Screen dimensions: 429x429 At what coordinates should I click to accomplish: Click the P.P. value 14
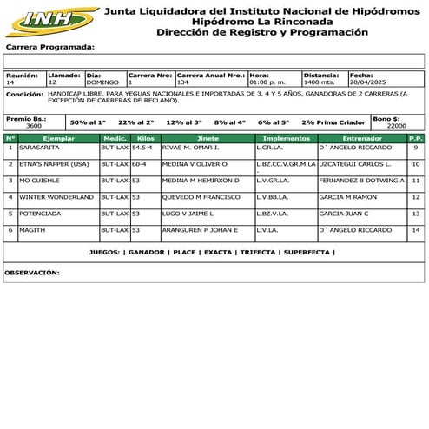[415, 230]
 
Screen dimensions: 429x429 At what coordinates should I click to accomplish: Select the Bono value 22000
[396, 126]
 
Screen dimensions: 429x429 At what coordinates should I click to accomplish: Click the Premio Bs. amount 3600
[33, 126]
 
